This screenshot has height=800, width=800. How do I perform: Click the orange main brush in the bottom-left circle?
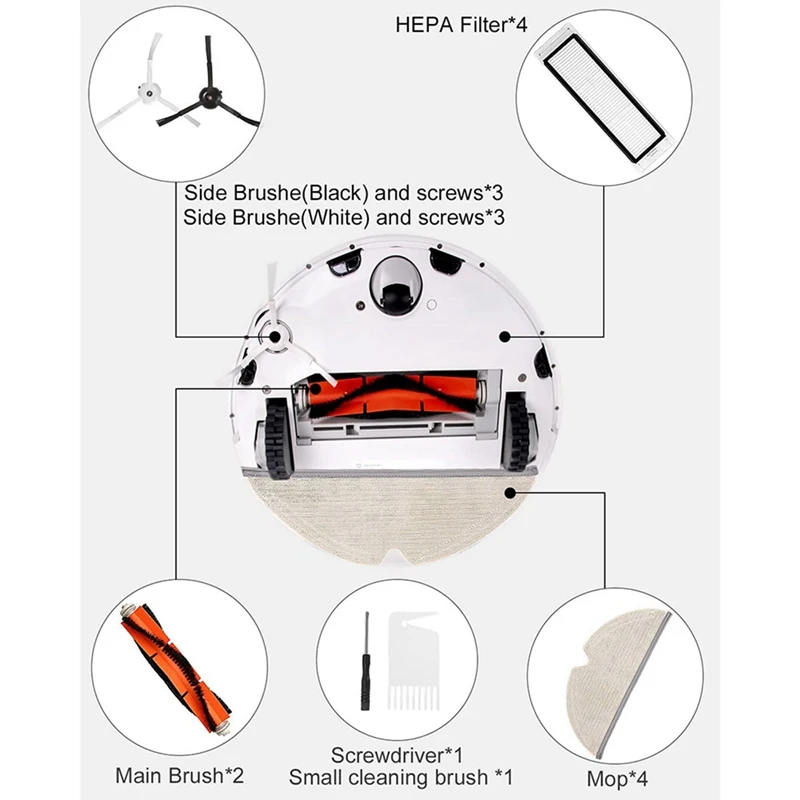175,659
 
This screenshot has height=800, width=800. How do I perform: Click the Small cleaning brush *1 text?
400,776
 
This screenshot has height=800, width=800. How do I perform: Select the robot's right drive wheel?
518,430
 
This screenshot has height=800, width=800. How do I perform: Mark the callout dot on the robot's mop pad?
513,490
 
